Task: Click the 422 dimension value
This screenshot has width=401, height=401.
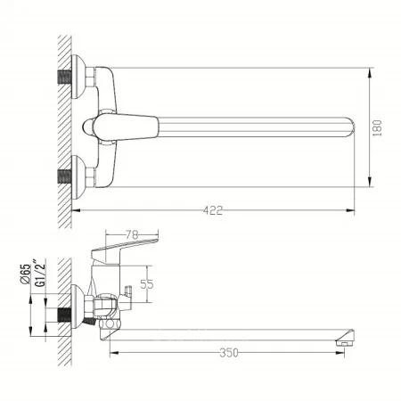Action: [x=213, y=210]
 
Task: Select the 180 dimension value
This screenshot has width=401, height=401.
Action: [x=377, y=128]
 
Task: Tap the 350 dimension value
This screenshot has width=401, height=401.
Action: [x=229, y=353]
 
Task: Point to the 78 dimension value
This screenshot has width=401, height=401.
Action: [x=132, y=235]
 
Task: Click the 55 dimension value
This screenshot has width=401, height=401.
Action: [x=147, y=284]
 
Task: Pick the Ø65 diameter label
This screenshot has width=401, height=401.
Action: [x=26, y=274]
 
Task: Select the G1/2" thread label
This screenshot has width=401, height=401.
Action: [x=40, y=273]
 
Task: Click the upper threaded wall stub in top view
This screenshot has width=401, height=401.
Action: [x=64, y=77]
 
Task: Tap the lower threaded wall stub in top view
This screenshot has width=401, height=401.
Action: [x=64, y=176]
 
